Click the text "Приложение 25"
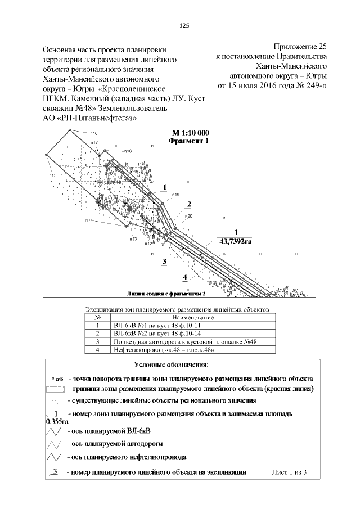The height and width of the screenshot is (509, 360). point(300,47)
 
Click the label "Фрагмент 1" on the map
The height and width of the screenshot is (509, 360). point(188,141)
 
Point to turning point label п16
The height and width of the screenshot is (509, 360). point(93,133)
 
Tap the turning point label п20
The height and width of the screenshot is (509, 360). point(189,216)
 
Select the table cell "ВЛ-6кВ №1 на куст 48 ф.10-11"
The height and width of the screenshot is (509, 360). point(150,325)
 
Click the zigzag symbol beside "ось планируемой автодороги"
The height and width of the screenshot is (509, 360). point(54,444)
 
